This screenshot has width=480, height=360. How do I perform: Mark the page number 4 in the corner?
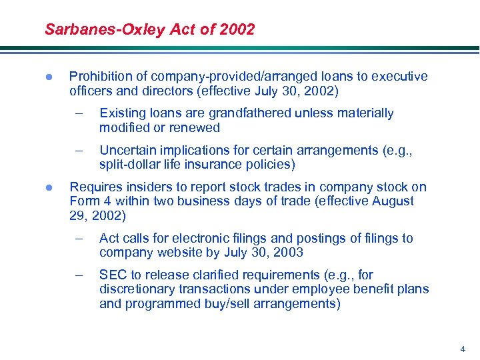[x=463, y=349]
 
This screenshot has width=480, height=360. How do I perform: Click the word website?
[x=179, y=252]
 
